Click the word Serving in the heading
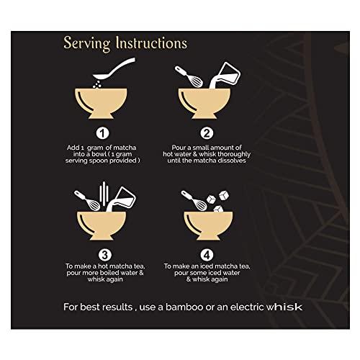click(87, 44)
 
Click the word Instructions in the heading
click(151, 42)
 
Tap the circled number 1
click(102, 133)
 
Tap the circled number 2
click(207, 133)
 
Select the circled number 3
click(105, 255)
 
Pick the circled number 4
click(207, 255)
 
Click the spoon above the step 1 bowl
click(114, 68)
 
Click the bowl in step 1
click(101, 104)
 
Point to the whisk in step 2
click(189, 76)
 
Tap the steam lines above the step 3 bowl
click(104, 194)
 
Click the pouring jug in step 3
click(122, 199)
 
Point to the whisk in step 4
click(194, 201)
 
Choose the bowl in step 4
click(208, 225)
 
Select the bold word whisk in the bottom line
click(284, 307)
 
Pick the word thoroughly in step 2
click(234, 154)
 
